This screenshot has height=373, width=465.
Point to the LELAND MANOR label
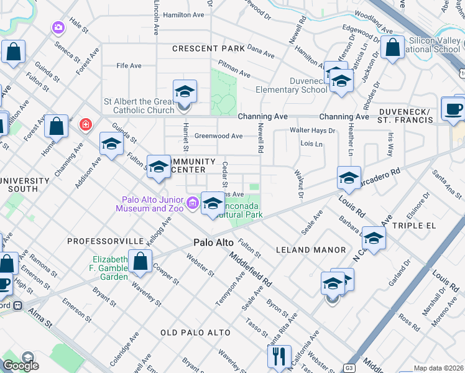pos(311,250)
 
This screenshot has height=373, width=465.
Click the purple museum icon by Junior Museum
pos(192,202)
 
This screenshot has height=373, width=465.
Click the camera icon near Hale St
pos(58,27)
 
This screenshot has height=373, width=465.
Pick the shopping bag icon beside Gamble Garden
pos(140,261)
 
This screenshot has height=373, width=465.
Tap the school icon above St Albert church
pos(185,92)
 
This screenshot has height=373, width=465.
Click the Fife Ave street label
pos(129,66)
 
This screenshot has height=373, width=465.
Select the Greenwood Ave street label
pos(218,136)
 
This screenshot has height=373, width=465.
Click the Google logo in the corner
pos(21,366)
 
